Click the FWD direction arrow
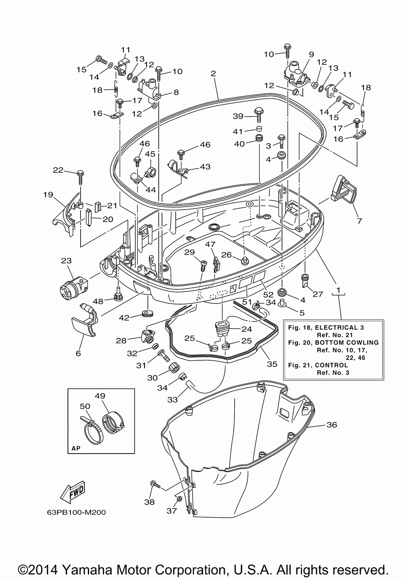point(72,492)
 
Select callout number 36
point(332,425)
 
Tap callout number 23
point(66,260)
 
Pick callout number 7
point(359,221)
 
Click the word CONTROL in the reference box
point(331,365)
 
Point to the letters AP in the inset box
point(76,448)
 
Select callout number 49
point(100,396)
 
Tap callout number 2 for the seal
point(213,73)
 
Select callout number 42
point(124,318)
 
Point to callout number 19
point(48,194)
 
